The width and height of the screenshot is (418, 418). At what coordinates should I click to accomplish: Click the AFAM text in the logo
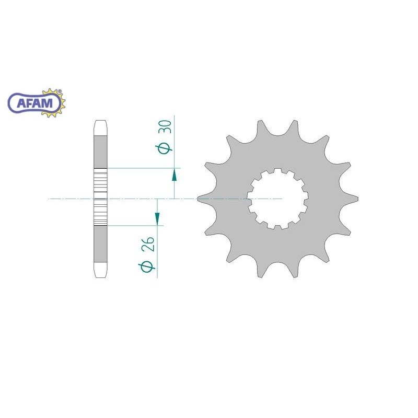coord(35,103)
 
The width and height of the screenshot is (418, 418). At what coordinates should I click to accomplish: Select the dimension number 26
coord(148,243)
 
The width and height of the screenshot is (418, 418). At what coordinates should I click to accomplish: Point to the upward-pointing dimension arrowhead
coord(175,175)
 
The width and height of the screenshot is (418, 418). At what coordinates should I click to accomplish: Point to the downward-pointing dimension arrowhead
coord(157,218)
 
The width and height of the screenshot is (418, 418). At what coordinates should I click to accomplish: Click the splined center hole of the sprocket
coord(277,199)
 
